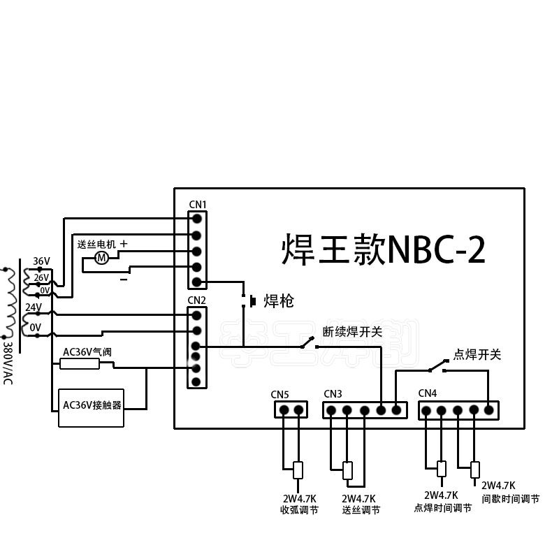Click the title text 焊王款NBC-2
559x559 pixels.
383,249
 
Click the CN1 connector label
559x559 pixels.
198,204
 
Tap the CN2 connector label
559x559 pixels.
197,300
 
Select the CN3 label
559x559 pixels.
333,393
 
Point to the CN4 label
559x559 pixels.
428,393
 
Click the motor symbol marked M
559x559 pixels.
101,258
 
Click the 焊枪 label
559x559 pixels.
278,302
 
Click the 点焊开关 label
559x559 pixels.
478,355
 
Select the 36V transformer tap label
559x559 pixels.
41,261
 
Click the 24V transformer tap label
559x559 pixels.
34,307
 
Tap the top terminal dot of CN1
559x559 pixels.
197,218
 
